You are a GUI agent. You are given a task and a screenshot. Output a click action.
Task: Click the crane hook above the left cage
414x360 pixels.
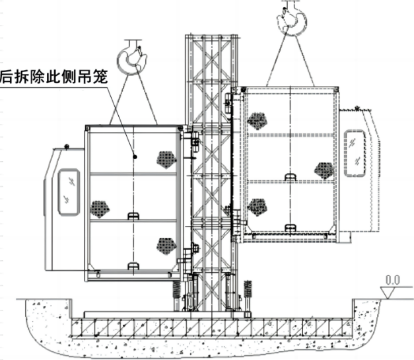click(130, 59)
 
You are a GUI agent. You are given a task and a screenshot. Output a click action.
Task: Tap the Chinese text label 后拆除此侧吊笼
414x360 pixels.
click(54, 76)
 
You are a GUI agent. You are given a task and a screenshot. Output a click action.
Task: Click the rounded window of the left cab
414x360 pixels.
click(69, 191)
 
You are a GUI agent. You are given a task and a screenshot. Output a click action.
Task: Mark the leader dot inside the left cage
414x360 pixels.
click(135, 157)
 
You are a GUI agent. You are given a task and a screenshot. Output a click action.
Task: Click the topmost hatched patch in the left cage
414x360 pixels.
click(165, 158)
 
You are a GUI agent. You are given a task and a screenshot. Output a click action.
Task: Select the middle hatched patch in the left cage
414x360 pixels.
click(99, 209)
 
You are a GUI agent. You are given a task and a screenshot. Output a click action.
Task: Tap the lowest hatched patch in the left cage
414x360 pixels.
click(165, 246)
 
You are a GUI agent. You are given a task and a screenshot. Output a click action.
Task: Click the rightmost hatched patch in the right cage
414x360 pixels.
click(324, 170)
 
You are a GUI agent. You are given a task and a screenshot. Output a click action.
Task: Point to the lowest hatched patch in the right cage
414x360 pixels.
click(258, 207)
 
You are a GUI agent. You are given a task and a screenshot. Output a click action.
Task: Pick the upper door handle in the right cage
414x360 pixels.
click(289, 176)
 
